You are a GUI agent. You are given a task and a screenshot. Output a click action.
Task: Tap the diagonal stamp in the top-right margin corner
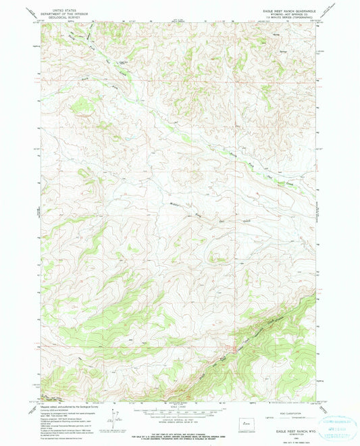pyautogui.click(x=330, y=11)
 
